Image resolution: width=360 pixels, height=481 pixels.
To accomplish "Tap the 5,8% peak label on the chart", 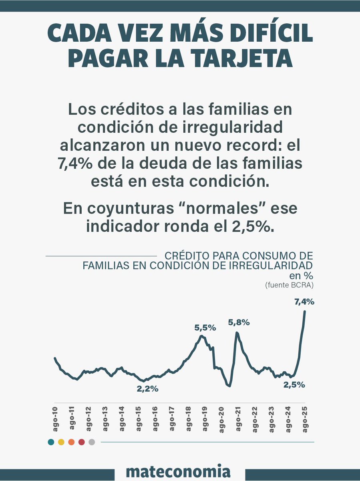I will (x=239, y=322).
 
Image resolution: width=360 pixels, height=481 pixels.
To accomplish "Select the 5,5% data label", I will (x=205, y=327).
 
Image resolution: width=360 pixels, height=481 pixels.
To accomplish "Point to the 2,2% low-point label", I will (x=148, y=388).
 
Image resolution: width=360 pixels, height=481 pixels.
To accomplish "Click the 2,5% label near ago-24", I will (x=294, y=384).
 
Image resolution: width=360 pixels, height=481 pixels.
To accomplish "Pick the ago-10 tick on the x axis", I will (x=55, y=418).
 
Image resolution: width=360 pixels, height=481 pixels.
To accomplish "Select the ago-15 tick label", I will (x=138, y=418).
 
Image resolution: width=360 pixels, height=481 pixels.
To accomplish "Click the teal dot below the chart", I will (x=51, y=442).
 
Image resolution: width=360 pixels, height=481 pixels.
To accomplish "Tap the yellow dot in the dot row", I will (x=61, y=442).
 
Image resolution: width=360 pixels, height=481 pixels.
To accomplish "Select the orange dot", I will (x=71, y=442).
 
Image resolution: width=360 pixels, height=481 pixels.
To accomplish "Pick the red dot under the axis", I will (x=81, y=442).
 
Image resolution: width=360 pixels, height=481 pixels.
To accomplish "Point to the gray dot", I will (x=92, y=442).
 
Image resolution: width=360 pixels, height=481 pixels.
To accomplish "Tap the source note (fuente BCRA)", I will (x=289, y=285).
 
